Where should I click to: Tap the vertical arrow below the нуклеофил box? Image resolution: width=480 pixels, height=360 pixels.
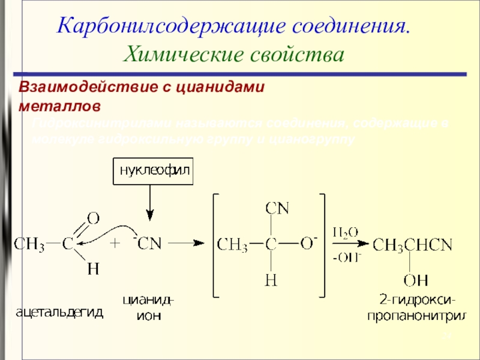pyautogui.click(x=151, y=203)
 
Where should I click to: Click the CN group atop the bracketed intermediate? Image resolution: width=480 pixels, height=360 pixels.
pyautogui.click(x=277, y=210)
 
